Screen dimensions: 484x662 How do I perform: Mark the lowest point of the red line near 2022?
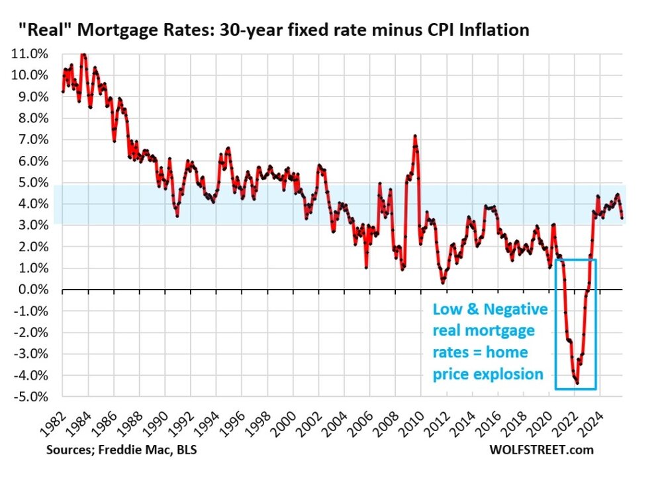tap(577, 383)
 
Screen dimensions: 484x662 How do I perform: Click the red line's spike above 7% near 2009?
tap(414, 136)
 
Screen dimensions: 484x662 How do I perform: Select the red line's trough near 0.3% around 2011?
tap(443, 282)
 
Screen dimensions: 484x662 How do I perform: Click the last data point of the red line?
tap(622, 218)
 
